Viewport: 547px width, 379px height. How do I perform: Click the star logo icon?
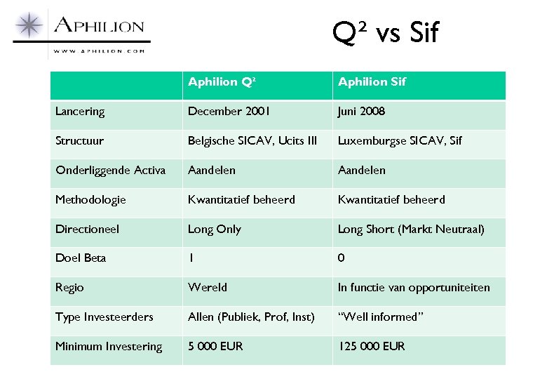click(x=30, y=27)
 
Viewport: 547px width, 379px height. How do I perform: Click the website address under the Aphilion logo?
click(x=99, y=51)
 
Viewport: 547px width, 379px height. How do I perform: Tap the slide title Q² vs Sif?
click(x=385, y=32)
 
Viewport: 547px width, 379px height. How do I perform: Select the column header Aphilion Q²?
click(x=222, y=82)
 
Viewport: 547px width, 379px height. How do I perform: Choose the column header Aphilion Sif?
click(x=372, y=82)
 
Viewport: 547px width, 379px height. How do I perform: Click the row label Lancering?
click(x=80, y=112)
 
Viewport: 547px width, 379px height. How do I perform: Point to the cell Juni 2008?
click(x=361, y=112)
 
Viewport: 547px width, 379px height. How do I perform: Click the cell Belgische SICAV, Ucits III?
click(x=252, y=141)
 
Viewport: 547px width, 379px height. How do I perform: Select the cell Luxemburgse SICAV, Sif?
click(x=400, y=141)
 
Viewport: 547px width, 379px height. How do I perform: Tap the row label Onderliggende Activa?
click(x=111, y=171)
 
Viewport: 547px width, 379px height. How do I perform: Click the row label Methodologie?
click(x=91, y=200)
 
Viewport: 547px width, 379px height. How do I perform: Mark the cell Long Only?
click(x=215, y=230)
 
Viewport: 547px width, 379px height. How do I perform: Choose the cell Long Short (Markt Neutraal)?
click(x=411, y=230)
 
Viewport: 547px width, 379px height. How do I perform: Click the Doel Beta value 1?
click(x=191, y=258)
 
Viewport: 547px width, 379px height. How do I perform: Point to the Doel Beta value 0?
click(x=341, y=258)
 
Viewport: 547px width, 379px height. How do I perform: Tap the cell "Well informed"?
click(x=381, y=317)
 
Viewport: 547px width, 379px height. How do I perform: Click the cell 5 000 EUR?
click(x=215, y=347)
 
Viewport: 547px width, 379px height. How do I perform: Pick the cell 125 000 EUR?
click(x=372, y=347)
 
